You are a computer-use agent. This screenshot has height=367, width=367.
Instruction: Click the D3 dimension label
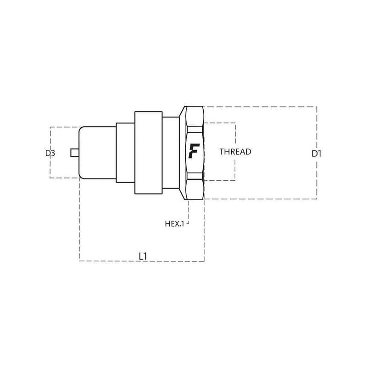(50, 153)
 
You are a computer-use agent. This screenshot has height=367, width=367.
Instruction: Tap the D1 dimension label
(317, 154)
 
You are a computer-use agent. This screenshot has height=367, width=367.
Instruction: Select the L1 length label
(143, 256)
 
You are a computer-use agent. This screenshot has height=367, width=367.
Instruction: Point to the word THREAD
(235, 152)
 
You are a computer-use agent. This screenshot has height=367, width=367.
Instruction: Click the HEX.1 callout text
(174, 224)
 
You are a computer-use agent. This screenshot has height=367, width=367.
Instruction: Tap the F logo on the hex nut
(194, 151)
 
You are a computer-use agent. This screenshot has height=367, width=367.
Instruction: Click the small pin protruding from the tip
(75, 153)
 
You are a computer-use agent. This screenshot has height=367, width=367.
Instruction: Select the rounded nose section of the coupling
(98, 153)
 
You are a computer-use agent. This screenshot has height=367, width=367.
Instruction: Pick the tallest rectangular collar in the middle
(148, 153)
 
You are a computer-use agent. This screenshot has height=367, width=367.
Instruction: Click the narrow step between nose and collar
(125, 153)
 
